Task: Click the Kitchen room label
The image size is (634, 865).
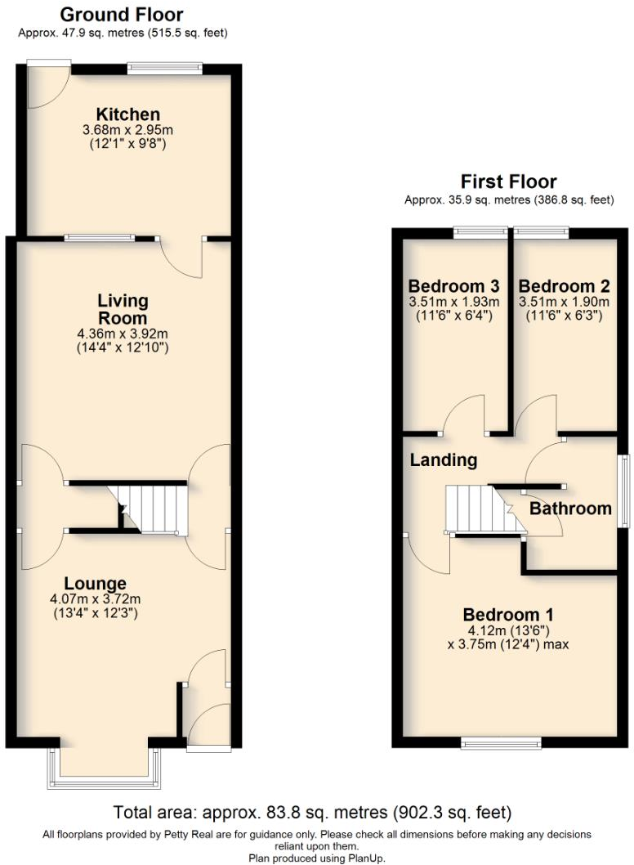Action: coord(127,114)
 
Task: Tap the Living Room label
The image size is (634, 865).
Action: coord(123,310)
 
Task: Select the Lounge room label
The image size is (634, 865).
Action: coord(95,584)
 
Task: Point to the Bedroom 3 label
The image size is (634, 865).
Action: coord(453,287)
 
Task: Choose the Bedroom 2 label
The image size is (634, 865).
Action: coord(564,287)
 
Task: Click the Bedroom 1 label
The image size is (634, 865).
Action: coord(508,615)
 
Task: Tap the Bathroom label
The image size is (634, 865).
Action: coord(570,509)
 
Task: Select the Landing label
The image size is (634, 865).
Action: coord(443,460)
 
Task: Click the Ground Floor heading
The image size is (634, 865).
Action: coord(122,15)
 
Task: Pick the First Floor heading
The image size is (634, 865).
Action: coord(508,182)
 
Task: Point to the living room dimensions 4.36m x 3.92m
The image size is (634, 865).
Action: coord(123,334)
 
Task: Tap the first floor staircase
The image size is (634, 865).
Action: coord(475,509)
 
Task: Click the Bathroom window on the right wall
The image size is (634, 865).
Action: coord(623,491)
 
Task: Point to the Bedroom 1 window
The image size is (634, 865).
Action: coord(500,743)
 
